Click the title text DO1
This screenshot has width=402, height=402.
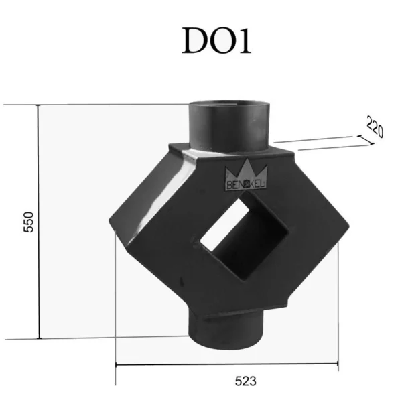[216, 40]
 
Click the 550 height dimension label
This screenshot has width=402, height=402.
[28, 222]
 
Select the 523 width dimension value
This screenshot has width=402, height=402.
[245, 381]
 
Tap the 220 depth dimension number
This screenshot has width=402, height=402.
[375, 127]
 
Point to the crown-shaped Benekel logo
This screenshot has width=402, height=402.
[246, 175]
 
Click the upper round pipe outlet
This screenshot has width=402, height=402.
[229, 126]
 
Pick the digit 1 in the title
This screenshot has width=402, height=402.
[245, 40]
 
